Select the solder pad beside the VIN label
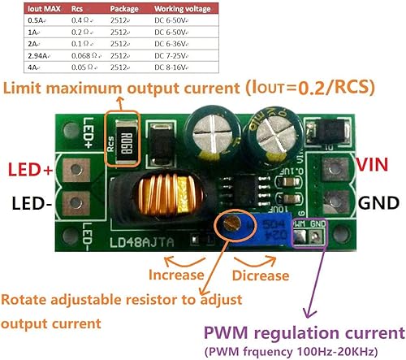click(330, 168)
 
